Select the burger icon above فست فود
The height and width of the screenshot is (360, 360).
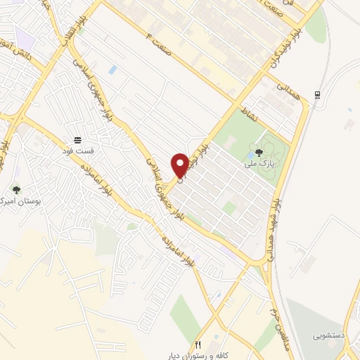(x=77, y=140)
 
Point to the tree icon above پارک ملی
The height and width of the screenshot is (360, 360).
(x=259, y=152)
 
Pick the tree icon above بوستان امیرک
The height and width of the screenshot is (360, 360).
(x=16, y=190)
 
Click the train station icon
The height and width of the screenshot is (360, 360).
(x=319, y=94)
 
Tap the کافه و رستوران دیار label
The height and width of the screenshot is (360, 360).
(x=200, y=356)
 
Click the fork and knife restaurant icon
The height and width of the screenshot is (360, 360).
(x=198, y=345)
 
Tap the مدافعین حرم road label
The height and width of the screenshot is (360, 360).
(x=274, y=306)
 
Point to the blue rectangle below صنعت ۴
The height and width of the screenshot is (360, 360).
(x=112, y=70)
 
